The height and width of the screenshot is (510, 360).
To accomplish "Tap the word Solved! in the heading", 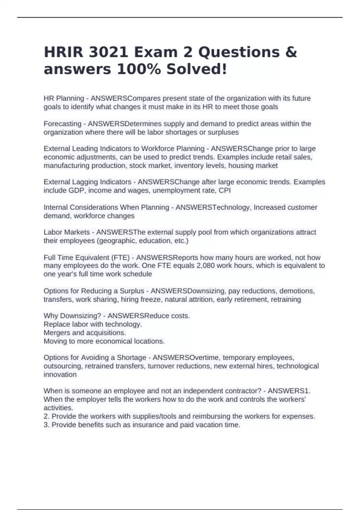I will click(x=197, y=69).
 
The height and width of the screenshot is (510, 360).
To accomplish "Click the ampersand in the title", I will click(x=291, y=52).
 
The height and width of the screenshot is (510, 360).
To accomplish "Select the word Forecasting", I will click(x=62, y=124).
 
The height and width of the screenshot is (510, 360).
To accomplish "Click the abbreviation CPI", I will click(x=225, y=190).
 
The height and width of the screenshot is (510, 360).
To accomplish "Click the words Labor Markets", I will click(x=67, y=232).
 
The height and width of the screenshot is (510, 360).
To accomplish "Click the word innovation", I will click(x=60, y=374).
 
